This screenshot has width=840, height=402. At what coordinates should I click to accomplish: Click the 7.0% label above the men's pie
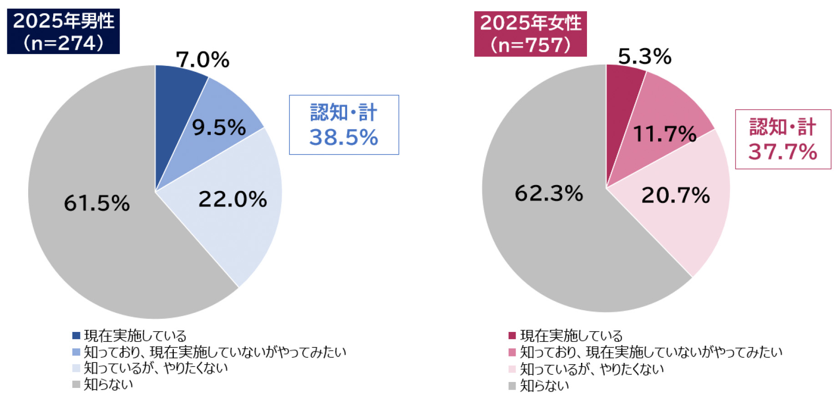202,60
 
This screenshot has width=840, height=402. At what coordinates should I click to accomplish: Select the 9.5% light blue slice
219,127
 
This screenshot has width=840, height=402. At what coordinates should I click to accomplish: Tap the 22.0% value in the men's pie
233,199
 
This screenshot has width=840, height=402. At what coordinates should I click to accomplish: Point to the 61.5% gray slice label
96,203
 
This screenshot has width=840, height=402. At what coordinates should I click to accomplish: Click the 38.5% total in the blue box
344,137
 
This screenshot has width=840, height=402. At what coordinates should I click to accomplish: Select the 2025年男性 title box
63,31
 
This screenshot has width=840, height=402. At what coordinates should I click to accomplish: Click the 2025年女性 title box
530,34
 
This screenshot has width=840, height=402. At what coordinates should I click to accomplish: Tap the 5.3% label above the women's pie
644,57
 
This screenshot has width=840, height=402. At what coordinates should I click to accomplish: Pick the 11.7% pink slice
664,134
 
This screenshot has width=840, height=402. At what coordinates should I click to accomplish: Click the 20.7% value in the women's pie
675,196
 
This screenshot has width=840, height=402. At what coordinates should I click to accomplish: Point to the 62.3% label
549,193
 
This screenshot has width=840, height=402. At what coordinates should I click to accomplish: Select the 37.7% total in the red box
783,151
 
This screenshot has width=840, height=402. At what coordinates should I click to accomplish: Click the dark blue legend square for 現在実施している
76,336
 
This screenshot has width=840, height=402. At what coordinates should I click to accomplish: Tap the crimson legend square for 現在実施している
512,336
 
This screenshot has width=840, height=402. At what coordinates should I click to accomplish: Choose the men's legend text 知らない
108,384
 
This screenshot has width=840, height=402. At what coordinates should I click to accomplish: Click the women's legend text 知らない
544,386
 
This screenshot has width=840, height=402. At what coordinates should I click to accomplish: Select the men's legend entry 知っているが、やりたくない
156,368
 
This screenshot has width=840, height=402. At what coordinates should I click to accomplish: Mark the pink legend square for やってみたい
512,352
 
